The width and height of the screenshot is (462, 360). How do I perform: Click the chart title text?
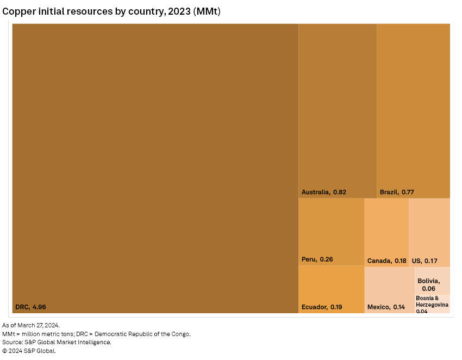pos(115,11)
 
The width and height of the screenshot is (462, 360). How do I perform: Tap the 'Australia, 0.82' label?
pos(324,192)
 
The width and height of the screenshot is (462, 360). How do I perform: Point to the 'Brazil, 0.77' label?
pos(397,192)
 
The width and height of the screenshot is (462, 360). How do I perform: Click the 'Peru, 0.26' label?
pos(317,259)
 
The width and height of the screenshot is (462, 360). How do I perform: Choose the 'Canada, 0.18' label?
pos(386,260)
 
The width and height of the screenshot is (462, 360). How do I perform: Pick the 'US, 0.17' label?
pos(424,260)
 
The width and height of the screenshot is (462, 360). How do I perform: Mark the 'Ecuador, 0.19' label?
pos(322,307)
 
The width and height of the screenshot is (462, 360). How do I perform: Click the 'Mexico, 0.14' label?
pos(386,307)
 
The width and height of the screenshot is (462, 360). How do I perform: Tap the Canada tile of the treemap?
pos(386,228)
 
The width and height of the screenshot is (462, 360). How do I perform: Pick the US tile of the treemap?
pos(429,228)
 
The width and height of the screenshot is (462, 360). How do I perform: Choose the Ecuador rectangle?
pos(331,285)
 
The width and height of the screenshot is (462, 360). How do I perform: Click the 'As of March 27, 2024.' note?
pos(31,325)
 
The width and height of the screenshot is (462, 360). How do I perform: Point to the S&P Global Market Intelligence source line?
pos(57,342)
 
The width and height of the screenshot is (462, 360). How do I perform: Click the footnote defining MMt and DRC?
pos(96,333)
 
